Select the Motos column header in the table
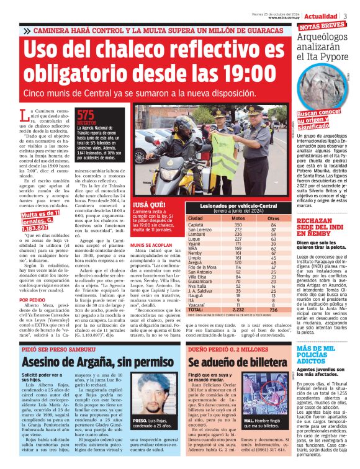pyautogui.click(x=238, y=218)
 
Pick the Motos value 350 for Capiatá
pyautogui.click(x=238, y=224)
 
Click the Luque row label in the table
pyautogui.click(x=195, y=238)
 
